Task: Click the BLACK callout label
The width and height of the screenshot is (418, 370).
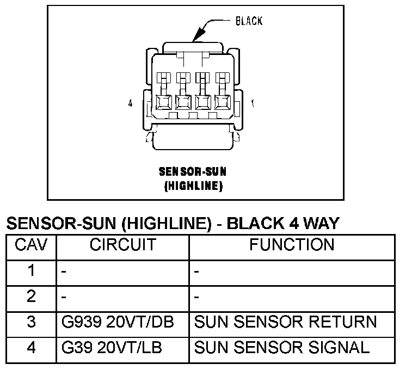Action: coord(249,21)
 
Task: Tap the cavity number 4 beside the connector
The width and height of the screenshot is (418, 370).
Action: coord(130,103)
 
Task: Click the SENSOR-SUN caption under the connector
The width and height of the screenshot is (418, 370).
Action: coord(193,172)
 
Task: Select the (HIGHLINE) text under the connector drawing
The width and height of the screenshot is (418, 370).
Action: coord(193,186)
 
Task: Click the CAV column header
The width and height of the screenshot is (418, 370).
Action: coord(31,245)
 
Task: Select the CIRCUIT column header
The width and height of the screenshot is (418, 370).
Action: coord(122,245)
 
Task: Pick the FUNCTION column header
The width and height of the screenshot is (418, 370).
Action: coord(292,245)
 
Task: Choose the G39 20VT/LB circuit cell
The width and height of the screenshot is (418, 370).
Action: coord(114,347)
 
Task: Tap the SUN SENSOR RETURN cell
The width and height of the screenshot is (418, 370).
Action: coord(285,322)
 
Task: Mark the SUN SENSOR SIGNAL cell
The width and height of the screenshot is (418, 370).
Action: coord(282,347)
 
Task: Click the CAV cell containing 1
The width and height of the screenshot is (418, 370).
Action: coord(31,271)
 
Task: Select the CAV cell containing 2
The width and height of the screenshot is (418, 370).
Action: coord(31,297)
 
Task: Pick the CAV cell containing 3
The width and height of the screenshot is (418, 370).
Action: coord(31,322)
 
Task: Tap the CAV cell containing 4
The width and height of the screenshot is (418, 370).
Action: coord(31,347)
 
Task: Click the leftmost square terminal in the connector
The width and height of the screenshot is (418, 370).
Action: coord(163,102)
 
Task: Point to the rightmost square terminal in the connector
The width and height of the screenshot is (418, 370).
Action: coord(222,102)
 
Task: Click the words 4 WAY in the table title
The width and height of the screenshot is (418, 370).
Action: coord(311,223)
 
